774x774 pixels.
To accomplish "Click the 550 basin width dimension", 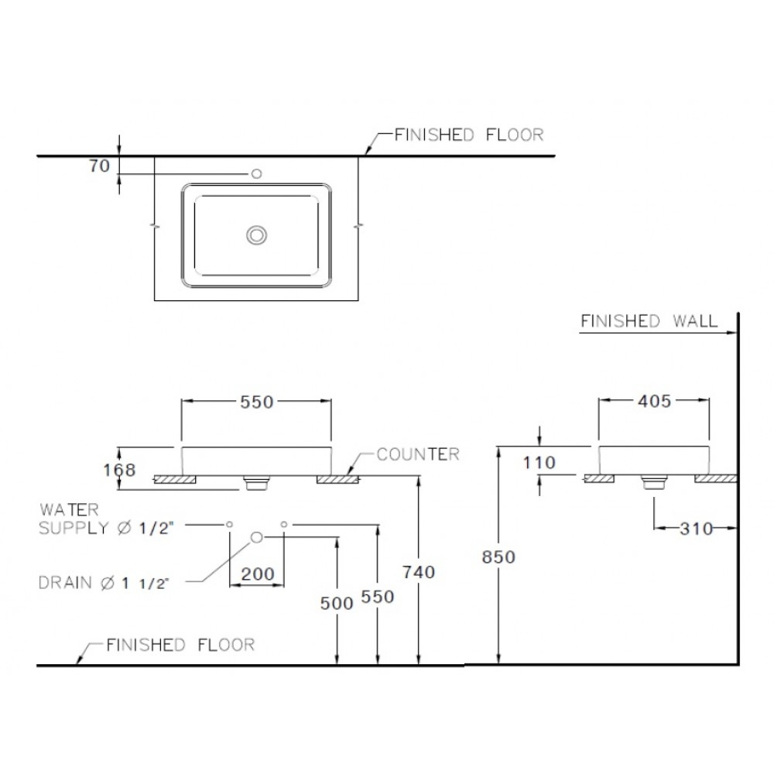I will click(255, 402).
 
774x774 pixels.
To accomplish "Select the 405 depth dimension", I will click(655, 401).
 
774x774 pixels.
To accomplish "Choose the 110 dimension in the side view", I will click(539, 464).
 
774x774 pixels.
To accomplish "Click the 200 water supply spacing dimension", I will click(257, 574).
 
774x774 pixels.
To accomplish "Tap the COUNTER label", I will click(418, 454).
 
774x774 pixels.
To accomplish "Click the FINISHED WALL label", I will click(649, 320).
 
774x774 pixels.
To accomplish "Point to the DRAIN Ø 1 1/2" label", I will click(103, 583).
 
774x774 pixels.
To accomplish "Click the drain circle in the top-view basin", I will click(256, 235).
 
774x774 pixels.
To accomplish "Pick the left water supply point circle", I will click(230, 525).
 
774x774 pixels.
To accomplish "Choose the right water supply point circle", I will click(284, 525).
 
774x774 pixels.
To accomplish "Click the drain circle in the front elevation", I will click(257, 536).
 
